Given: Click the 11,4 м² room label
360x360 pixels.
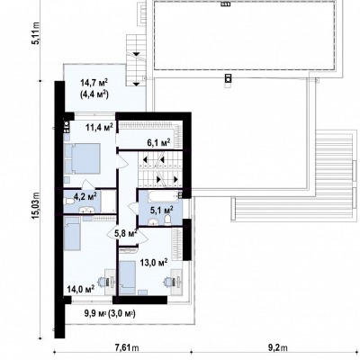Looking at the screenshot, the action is click(99, 128).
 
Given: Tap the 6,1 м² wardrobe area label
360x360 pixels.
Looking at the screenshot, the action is click(158, 142).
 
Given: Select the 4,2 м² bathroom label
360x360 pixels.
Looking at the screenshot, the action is click(85, 196).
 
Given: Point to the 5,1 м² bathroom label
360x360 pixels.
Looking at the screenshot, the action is click(161, 210).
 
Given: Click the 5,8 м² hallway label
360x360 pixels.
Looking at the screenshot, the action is click(126, 233).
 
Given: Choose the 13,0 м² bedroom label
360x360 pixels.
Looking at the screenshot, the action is click(154, 263).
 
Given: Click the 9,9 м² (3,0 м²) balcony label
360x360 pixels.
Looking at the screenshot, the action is click(110, 314).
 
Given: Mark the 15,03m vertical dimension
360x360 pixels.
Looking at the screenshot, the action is click(36, 205).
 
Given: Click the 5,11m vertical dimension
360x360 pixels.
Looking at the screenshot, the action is click(36, 33).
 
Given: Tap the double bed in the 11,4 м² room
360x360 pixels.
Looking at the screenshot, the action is click(82, 158).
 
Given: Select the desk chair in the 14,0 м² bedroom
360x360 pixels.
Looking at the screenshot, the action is click(103, 282).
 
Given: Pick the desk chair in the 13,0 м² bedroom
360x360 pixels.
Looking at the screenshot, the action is click(168, 282).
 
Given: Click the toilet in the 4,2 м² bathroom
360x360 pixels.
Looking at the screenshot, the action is click(67, 201).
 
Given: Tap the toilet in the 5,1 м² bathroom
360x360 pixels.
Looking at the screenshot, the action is click(168, 220).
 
